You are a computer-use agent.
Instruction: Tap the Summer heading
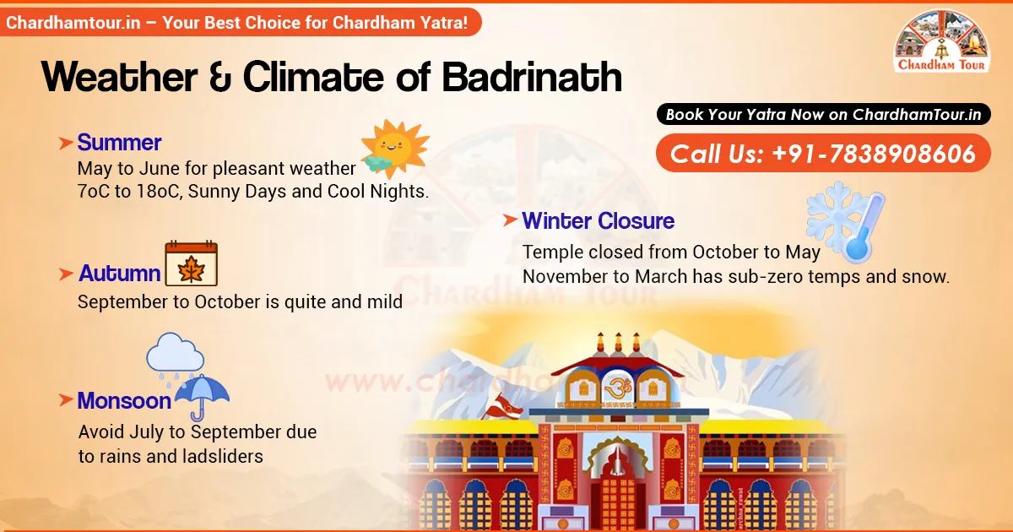click(x=119, y=142)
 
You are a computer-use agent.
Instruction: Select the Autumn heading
click(x=120, y=274)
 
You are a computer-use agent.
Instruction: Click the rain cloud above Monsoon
click(x=175, y=356)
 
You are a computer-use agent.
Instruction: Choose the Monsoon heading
click(x=124, y=400)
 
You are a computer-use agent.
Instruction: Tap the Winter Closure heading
click(x=598, y=221)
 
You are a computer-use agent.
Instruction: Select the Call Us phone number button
click(x=823, y=154)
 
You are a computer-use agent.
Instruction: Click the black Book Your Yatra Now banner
click(x=823, y=114)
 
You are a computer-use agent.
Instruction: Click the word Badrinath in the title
click(x=532, y=78)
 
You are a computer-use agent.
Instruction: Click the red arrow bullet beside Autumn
click(x=65, y=274)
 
